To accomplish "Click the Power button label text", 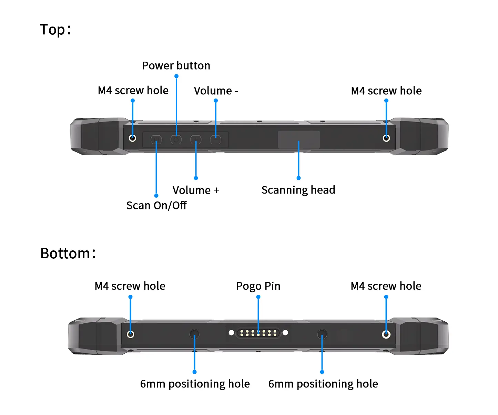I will (x=176, y=65).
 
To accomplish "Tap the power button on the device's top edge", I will (x=176, y=139).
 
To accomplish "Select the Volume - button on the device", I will (x=216, y=139).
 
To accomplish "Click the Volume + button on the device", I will (x=196, y=139).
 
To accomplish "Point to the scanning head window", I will (x=299, y=139).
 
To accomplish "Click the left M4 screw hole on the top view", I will (x=132, y=138).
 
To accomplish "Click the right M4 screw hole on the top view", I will (x=386, y=138).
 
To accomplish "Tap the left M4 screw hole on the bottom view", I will (x=131, y=334).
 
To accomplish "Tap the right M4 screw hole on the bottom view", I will (x=386, y=334).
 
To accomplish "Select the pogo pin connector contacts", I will (x=258, y=333).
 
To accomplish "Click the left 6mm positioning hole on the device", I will (x=194, y=334).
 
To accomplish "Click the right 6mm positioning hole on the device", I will (x=322, y=334).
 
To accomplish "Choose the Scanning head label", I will (x=298, y=190).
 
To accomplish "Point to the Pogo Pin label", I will (x=258, y=286).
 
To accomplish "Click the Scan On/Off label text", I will (x=156, y=205).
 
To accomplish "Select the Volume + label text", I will (x=195, y=190).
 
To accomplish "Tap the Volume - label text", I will (x=216, y=91).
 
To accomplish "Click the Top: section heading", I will (x=55, y=30).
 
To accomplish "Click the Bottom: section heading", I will (x=68, y=253).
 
